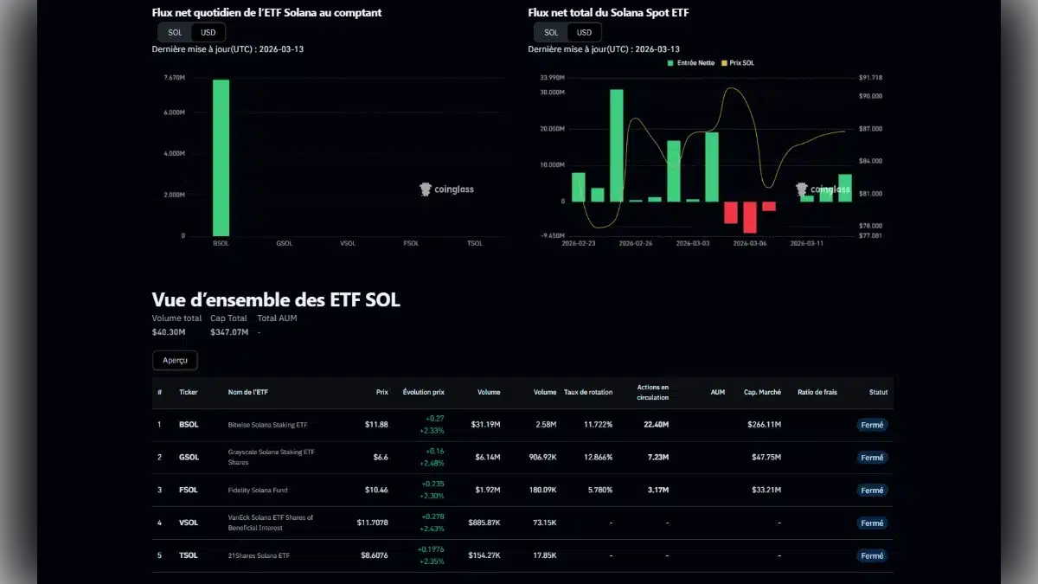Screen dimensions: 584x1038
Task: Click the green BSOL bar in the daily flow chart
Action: click(221, 157)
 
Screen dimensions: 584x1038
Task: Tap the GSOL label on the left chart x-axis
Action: click(284, 243)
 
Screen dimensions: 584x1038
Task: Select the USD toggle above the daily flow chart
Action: click(208, 32)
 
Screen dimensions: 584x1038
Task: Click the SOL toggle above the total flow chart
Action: click(550, 32)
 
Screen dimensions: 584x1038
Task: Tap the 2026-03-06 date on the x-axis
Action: click(749, 243)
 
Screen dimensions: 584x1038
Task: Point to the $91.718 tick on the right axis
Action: click(870, 78)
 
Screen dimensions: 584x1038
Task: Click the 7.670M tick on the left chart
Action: click(173, 78)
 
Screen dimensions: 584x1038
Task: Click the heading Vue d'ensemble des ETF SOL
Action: click(276, 300)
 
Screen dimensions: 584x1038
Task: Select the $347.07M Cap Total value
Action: click(228, 332)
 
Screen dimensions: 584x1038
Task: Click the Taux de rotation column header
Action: click(587, 392)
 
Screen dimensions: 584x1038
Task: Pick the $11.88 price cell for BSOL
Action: click(376, 425)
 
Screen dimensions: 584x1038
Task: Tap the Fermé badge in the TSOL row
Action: click(872, 555)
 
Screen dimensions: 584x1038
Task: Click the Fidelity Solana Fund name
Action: click(259, 490)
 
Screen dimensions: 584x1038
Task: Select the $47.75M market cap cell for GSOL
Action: click(762, 458)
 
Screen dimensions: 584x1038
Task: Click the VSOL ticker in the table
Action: click(189, 523)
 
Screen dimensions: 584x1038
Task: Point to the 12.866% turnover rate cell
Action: click(598, 458)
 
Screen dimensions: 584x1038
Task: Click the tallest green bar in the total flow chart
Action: click(616, 145)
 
